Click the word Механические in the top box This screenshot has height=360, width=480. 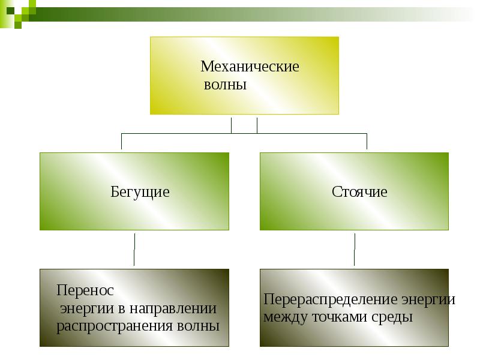point(250,66)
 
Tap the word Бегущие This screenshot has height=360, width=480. point(140,192)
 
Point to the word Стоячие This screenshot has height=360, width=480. point(359,192)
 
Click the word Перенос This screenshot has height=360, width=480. point(85,290)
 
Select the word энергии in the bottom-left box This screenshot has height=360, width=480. point(88,309)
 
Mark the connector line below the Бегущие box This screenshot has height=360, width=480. point(134,249)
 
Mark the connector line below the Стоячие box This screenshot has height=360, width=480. point(355,249)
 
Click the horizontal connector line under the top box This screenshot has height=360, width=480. point(180,133)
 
